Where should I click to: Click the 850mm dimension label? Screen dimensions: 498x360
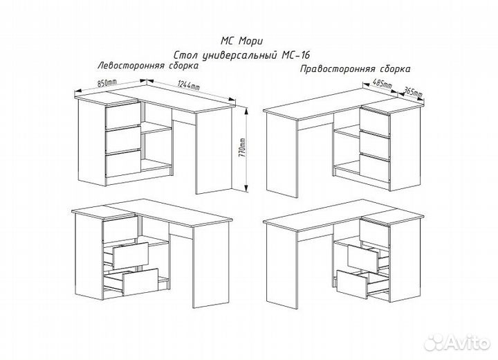click(107, 83)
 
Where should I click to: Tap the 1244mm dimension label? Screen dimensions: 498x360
click(189, 85)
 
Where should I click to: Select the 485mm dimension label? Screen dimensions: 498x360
click(382, 84)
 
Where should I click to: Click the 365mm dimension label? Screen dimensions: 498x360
click(412, 93)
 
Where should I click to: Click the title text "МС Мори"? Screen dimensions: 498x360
click(241, 41)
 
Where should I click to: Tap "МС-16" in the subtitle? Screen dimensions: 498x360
click(295, 55)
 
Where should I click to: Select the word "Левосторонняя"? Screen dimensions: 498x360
click(131, 66)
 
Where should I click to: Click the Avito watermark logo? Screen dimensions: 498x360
click(457, 342)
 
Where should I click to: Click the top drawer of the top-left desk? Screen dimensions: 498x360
click(123, 116)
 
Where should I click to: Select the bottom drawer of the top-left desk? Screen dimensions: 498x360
click(123, 164)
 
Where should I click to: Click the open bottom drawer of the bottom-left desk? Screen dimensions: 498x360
click(140, 282)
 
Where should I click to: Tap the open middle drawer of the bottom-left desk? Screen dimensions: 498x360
click(131, 255)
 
